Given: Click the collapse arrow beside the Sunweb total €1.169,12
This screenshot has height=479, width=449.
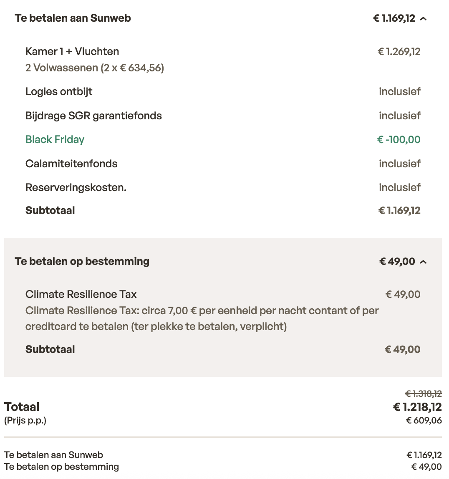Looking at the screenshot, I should [x=423, y=19].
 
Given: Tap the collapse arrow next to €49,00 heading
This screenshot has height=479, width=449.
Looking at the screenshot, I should [x=423, y=262].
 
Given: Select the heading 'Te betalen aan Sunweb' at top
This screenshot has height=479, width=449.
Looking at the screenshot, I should [x=73, y=18].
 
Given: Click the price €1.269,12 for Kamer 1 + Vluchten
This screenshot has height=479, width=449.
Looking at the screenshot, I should [x=399, y=52].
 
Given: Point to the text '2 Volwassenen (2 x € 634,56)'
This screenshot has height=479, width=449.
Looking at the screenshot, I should [x=95, y=68].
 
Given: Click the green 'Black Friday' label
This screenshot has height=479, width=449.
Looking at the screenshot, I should [x=55, y=139].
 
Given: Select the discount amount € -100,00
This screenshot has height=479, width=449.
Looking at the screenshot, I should [x=399, y=139].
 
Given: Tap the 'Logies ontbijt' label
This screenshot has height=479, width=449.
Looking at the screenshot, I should [x=59, y=92].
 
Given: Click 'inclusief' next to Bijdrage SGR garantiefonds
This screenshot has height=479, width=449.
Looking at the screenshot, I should [x=399, y=116].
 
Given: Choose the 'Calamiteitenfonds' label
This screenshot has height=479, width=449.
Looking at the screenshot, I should [x=71, y=164].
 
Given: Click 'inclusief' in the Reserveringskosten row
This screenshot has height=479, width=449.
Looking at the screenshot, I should [x=399, y=187].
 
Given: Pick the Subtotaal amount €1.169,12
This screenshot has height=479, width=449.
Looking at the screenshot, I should [x=399, y=211].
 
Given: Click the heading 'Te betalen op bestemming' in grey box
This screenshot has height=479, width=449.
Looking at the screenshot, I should [x=82, y=262].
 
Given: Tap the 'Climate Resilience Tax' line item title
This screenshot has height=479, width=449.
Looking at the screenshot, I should [x=81, y=295].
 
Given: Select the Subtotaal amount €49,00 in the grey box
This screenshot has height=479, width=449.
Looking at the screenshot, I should [x=402, y=350].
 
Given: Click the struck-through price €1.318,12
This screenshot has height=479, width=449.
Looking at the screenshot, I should [x=423, y=393].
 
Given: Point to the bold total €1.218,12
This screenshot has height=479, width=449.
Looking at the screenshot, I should [x=417, y=407].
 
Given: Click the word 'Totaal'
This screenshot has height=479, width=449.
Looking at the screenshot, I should [x=22, y=407].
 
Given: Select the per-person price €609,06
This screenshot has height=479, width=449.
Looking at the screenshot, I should [x=424, y=420].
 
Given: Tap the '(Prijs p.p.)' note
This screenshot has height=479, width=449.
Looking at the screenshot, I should [x=25, y=420].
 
